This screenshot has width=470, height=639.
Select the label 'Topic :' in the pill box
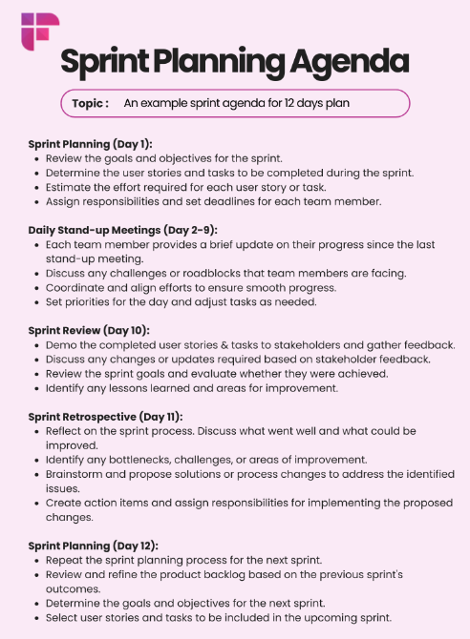(x=90, y=103)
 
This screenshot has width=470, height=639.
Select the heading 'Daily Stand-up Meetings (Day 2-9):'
(x=122, y=229)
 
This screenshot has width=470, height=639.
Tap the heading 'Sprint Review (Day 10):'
(x=88, y=329)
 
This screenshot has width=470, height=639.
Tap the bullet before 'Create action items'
(x=35, y=504)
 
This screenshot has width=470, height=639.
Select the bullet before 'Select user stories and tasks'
(x=35, y=619)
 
